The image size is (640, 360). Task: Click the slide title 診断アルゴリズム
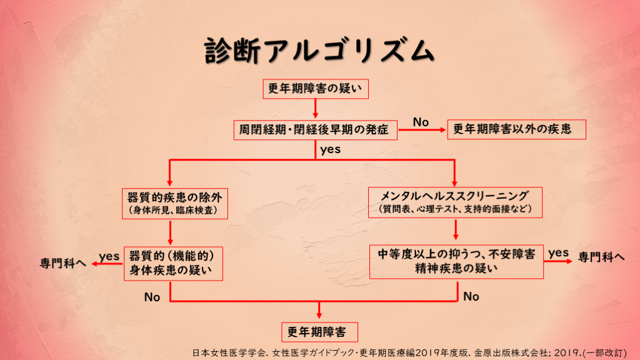319,51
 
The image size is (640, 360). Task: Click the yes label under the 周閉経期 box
330,149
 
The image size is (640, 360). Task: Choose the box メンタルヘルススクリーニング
454,201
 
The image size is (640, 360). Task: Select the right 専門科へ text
601,256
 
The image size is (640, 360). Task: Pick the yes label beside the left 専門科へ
109,256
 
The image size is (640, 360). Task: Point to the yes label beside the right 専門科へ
558,252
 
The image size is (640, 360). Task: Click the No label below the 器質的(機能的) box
152,297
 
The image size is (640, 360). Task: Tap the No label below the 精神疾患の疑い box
471,297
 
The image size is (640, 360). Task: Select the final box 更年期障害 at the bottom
319,331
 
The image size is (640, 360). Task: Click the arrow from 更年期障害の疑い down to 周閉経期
315,109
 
